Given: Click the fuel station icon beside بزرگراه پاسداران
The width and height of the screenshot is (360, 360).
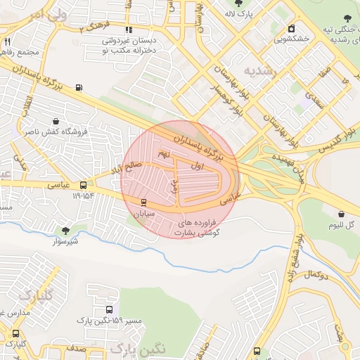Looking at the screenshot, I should point(78,88).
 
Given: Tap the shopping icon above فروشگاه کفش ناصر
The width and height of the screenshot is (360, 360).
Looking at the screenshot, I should point(56,120).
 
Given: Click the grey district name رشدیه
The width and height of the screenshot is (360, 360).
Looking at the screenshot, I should point(262,71).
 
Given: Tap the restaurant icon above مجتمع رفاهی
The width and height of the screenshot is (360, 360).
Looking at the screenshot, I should point(7,42).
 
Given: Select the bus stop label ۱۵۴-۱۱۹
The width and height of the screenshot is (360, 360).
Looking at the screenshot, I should point(82,195).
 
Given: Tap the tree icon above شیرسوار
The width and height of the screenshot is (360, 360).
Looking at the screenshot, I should point(65,231).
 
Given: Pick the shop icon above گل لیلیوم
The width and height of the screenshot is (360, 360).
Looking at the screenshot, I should point(341,214).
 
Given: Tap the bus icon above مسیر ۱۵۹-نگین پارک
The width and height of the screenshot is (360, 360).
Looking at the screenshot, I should point(109,309).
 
